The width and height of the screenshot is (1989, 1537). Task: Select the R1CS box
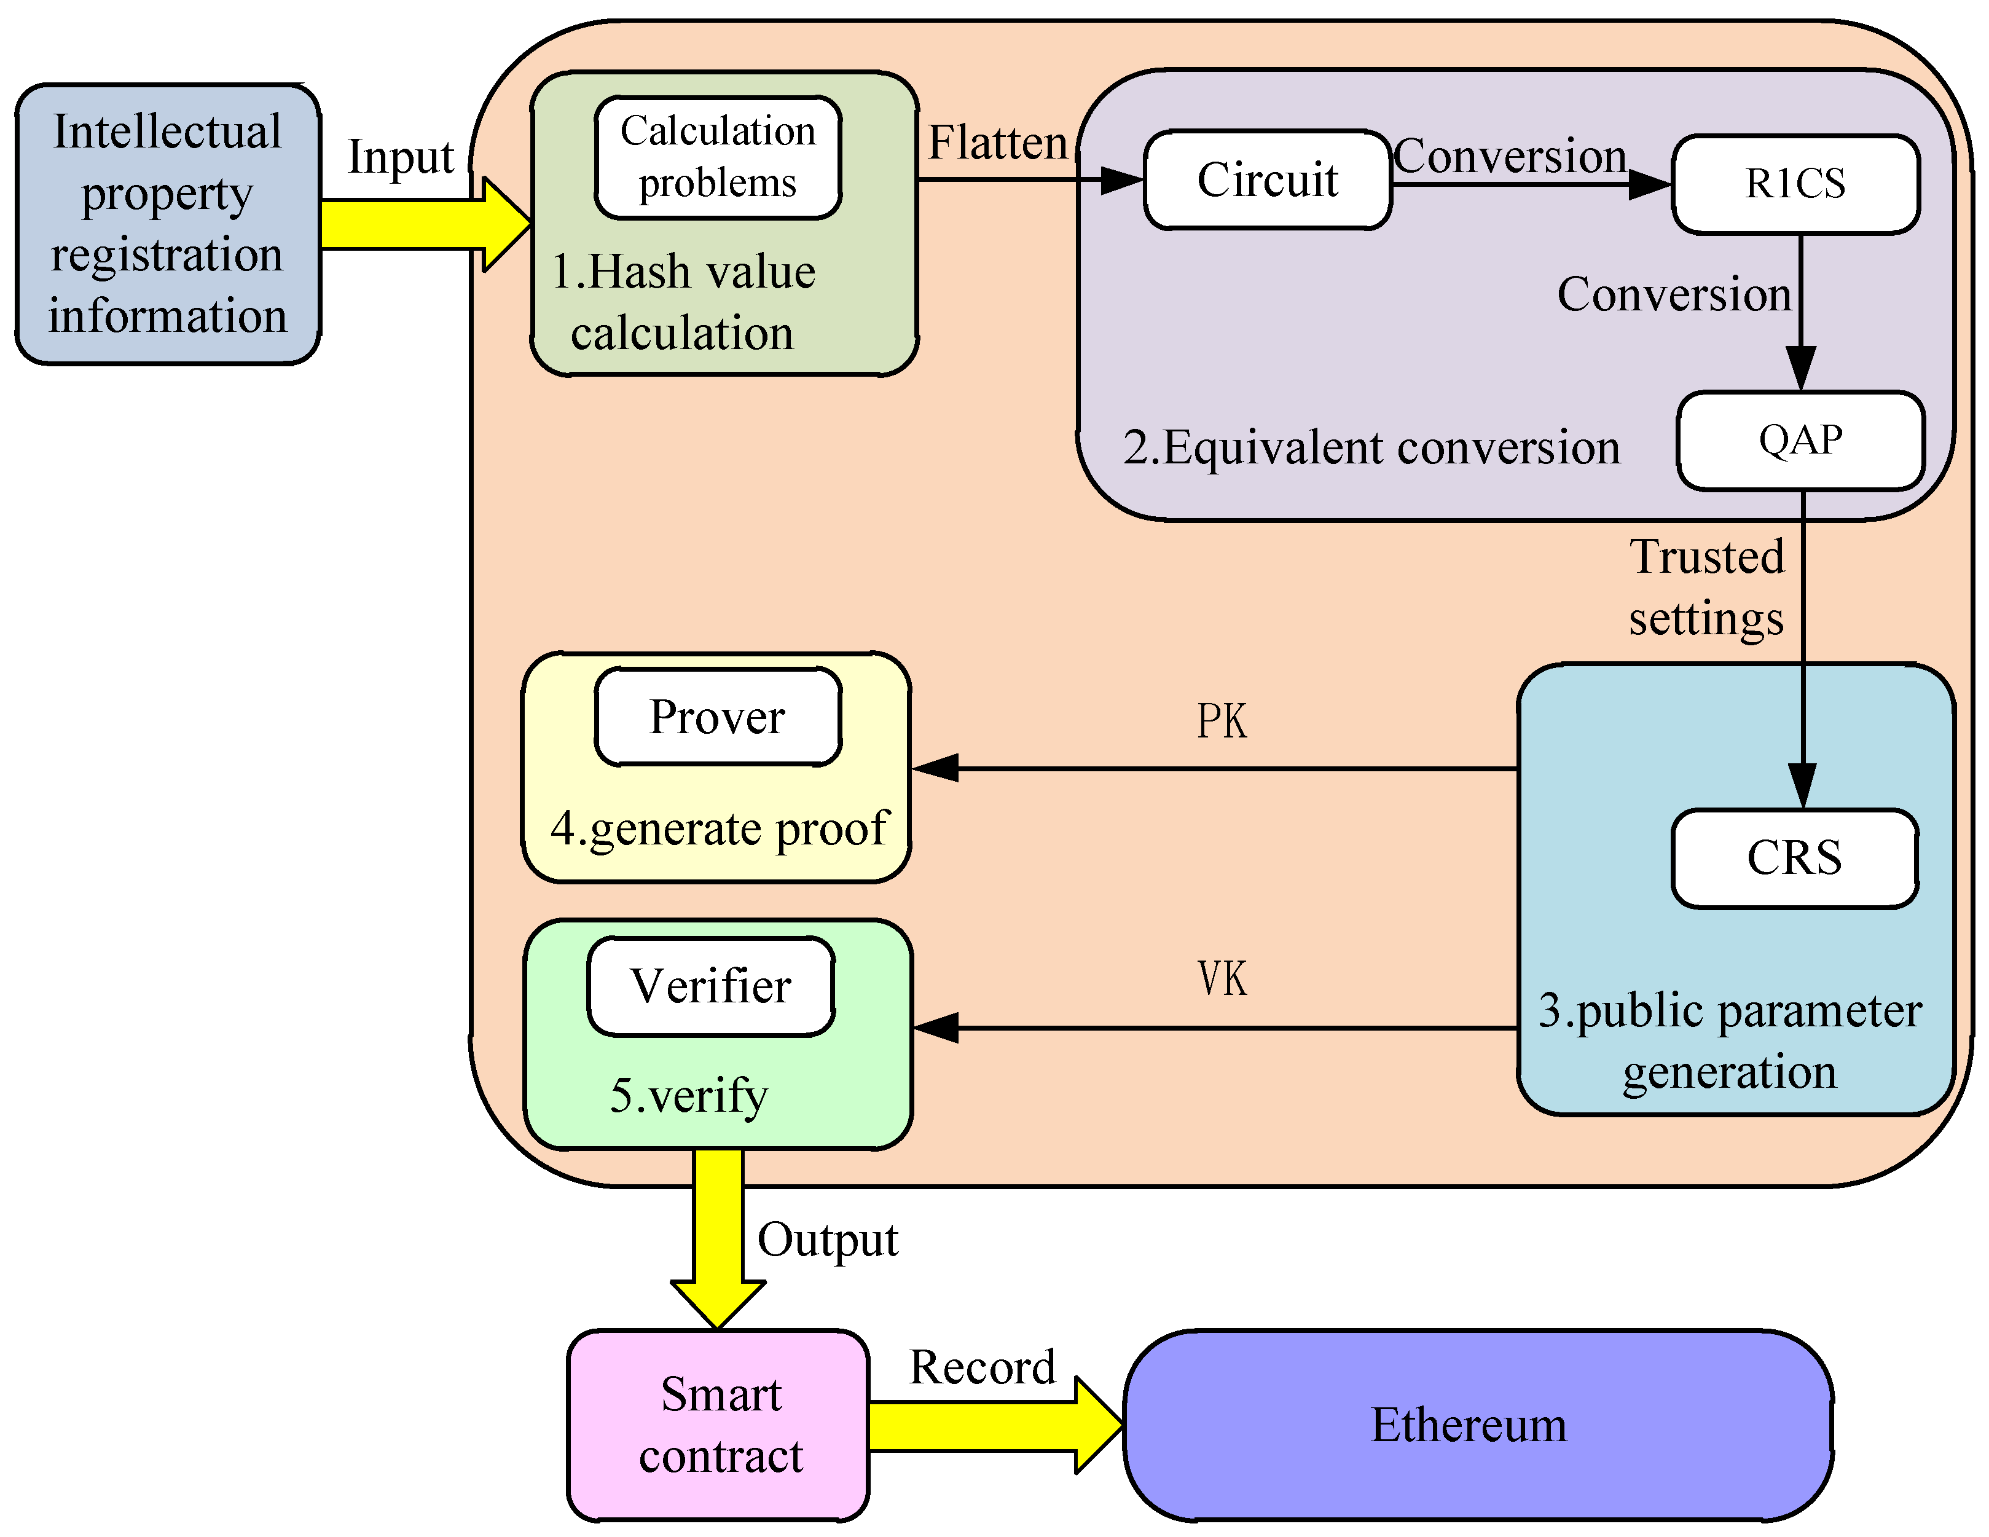[x=1795, y=184]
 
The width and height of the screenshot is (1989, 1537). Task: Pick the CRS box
[x=1794, y=859]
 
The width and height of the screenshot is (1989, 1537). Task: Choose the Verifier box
[x=710, y=986]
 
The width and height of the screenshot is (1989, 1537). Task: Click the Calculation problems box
[x=718, y=157]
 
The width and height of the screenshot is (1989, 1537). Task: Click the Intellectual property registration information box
[x=168, y=224]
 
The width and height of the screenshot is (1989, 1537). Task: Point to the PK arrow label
[x=1222, y=721]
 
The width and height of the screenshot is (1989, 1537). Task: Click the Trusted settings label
[x=1706, y=588]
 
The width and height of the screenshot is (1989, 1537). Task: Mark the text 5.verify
[x=688, y=1095]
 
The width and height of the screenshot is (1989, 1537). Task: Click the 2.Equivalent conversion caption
[x=1371, y=448]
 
